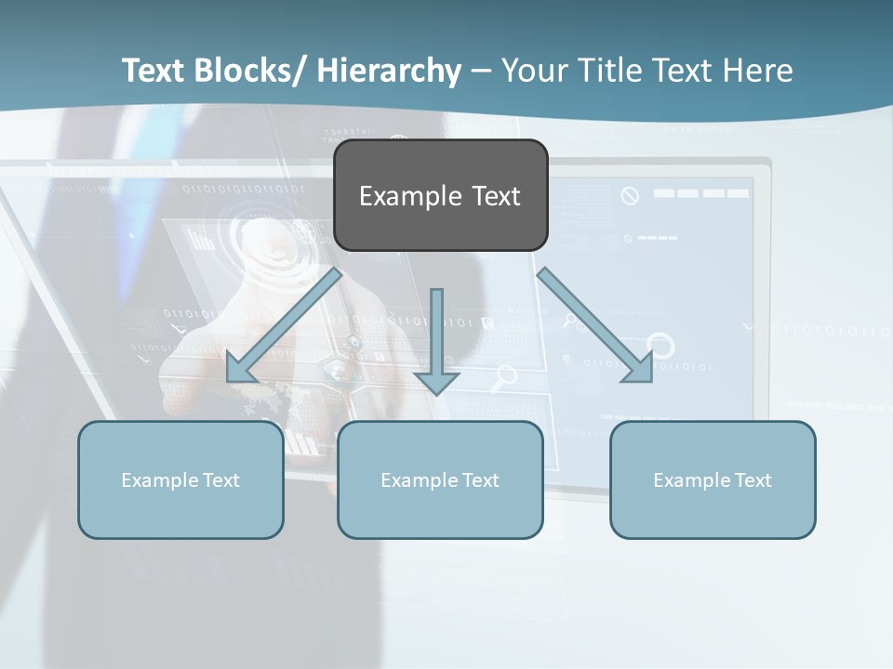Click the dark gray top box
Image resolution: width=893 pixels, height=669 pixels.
tap(440, 195)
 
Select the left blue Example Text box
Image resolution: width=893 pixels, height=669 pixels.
tap(180, 479)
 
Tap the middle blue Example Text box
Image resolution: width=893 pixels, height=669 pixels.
tap(440, 479)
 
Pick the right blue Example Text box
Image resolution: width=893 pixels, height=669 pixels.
tap(713, 479)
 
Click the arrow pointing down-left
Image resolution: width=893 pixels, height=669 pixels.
tap(285, 325)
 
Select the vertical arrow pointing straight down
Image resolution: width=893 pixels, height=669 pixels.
tap(436, 340)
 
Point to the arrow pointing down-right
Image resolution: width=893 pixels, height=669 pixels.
tap(595, 325)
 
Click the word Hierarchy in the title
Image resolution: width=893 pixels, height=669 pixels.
tap(389, 71)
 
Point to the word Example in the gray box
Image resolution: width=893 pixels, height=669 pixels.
tap(409, 196)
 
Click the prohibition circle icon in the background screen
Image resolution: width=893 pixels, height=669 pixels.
tap(630, 195)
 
